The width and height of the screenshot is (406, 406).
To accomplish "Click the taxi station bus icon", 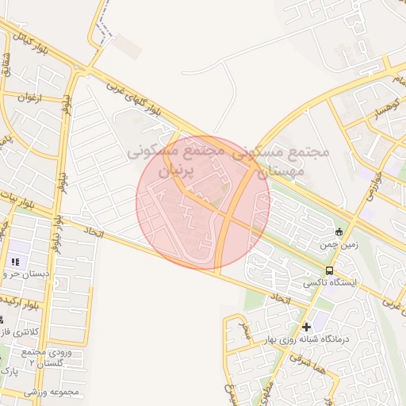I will pos(330,270).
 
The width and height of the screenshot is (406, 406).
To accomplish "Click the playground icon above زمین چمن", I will pos(339,232).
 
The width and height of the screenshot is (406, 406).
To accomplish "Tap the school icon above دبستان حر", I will pos(15,261).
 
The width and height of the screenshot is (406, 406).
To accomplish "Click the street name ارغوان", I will pos(26,98).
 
